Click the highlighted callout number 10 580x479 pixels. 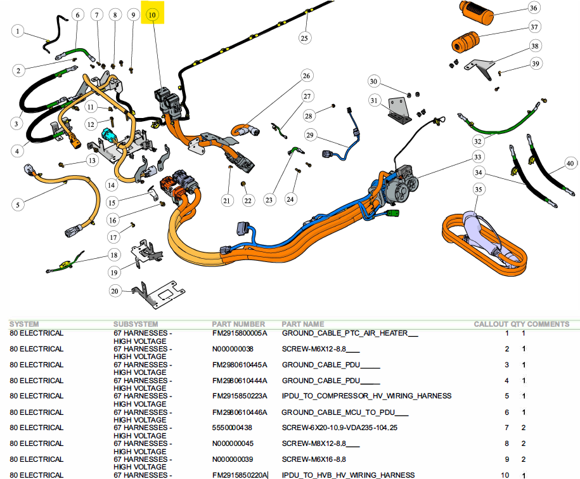[153, 14]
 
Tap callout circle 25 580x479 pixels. [306, 38]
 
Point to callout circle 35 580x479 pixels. [479, 189]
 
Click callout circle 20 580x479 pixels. [115, 291]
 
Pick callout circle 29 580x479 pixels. [311, 135]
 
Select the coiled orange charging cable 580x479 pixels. [485, 244]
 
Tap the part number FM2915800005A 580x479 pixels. [240, 333]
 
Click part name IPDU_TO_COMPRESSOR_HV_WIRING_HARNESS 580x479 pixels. [366, 396]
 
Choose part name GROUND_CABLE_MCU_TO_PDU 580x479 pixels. [345, 412]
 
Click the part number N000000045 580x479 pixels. [233, 443]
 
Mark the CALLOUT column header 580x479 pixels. [491, 324]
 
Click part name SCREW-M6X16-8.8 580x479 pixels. [314, 459]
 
